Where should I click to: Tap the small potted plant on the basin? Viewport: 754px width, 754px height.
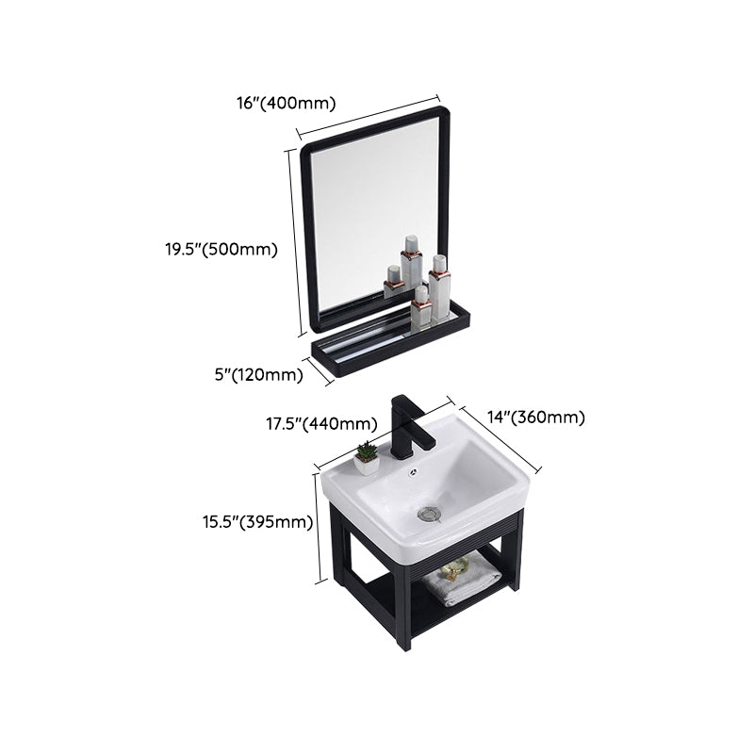(367, 458)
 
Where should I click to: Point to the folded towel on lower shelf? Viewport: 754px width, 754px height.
(461, 581)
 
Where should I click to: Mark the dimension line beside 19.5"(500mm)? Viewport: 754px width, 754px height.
(294, 243)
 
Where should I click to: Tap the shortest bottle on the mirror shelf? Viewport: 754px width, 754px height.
(392, 282)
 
